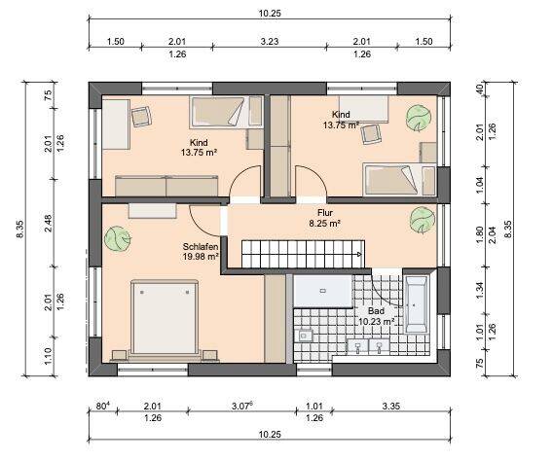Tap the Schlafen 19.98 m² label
[x=199, y=252]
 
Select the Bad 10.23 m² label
[x=375, y=315]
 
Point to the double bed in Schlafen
[x=166, y=316]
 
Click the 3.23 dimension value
[x=270, y=42]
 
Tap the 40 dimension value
[x=478, y=89]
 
